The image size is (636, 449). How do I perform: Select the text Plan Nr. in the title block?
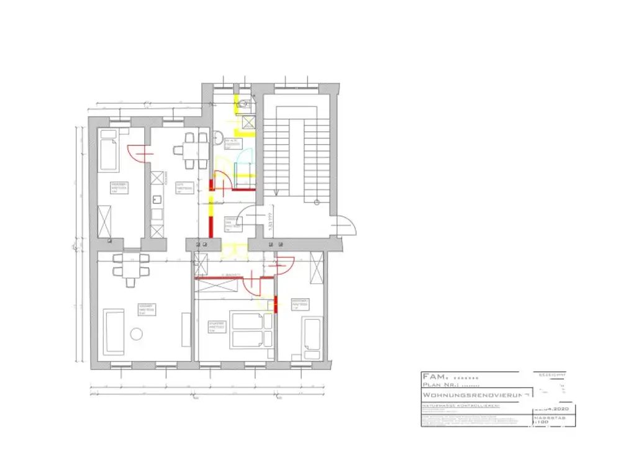[x=440, y=385]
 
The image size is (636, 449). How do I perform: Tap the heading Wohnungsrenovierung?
[x=475, y=395]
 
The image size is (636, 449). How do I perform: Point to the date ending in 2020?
[x=553, y=409]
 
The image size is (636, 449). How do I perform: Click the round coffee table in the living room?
[x=136, y=333]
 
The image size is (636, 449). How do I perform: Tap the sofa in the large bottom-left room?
[x=115, y=330]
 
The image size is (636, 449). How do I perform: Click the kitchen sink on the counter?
[x=157, y=201]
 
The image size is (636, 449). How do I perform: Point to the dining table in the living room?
[x=130, y=266]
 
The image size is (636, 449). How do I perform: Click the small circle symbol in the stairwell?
[x=316, y=202]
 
